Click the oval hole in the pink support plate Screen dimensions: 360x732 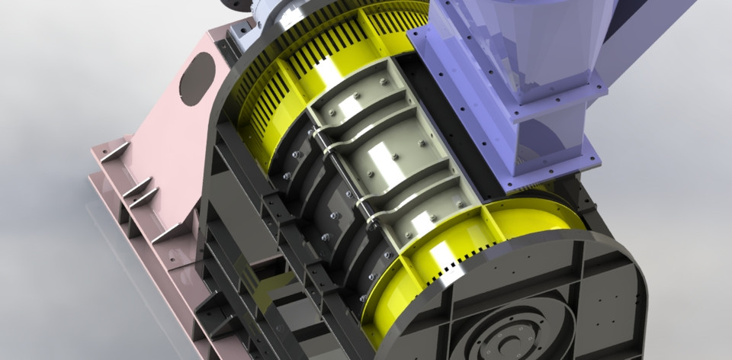pyautogui.click(x=197, y=79)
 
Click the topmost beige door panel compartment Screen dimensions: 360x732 pyautogui.click(x=358, y=95)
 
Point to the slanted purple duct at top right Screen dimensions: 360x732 pyautogui.click(x=648, y=31)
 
